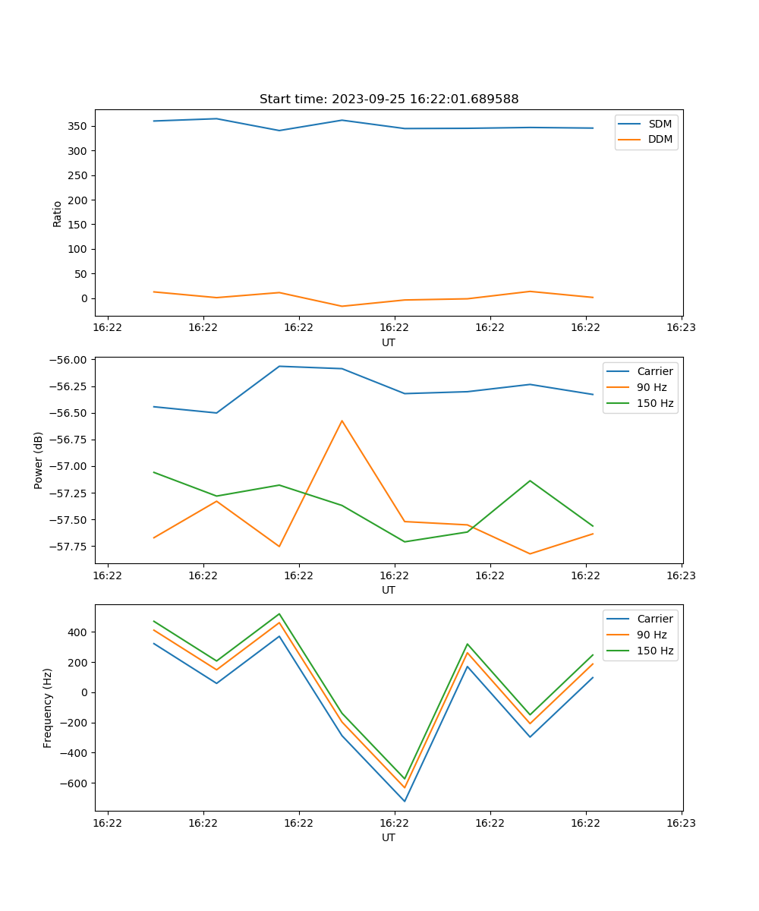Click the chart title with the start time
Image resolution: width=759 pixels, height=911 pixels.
pos(389,99)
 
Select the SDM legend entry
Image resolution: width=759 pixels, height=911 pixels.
pos(660,124)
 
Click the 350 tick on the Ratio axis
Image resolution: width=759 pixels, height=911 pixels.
pos(79,126)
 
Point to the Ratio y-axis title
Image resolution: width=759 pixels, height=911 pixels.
pos(58,214)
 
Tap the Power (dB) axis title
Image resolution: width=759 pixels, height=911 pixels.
pos(39,460)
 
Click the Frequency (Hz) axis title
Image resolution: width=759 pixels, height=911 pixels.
pos(48,708)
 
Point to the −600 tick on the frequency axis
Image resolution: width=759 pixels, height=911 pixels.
pos(73,783)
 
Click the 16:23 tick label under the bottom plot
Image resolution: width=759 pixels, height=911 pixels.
pos(681,822)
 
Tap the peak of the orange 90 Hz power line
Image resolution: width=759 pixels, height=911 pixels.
pos(342,421)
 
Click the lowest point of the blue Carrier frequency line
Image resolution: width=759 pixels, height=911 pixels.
pos(405,801)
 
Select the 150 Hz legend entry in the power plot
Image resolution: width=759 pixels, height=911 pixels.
pos(655,403)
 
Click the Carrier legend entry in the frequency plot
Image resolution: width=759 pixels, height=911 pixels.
pos(654,619)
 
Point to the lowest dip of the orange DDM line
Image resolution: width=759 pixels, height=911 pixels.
pos(342,306)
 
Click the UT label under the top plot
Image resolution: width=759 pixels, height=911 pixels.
pos(389,342)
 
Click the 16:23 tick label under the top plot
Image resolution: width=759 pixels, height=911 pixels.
pos(681,327)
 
